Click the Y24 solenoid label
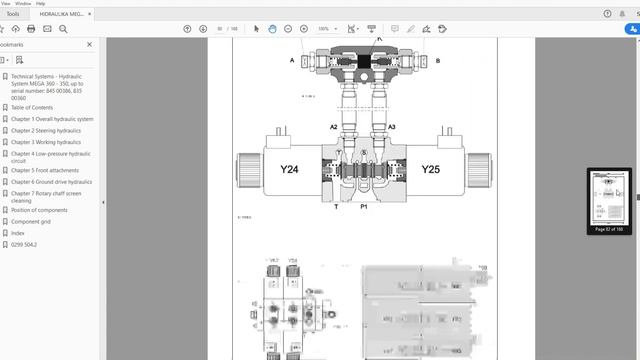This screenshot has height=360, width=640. (289, 169)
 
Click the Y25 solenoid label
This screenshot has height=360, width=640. (430, 169)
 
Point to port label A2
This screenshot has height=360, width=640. (334, 127)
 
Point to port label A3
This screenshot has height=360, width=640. (392, 127)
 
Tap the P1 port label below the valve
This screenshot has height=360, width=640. (365, 206)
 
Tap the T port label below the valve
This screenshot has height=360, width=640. (336, 206)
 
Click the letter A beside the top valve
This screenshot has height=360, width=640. (292, 60)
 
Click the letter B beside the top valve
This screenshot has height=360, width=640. (437, 60)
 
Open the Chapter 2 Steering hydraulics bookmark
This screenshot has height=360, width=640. (45, 131)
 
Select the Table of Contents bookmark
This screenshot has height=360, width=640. (32, 107)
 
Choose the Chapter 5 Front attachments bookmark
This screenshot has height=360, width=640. (44, 170)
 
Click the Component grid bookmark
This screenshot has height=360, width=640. (32, 221)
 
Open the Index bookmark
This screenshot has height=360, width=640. (18, 233)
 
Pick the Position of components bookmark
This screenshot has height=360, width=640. (39, 210)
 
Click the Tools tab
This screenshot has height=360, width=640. (13, 14)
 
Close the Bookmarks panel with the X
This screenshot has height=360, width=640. (90, 45)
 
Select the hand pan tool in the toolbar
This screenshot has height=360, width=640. (272, 29)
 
